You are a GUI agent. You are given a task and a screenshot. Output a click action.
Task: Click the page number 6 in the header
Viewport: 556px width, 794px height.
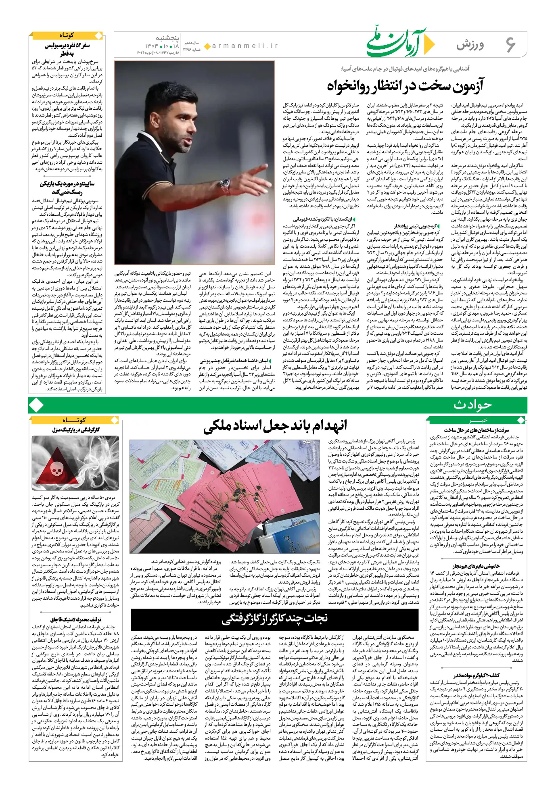[x=510, y=44]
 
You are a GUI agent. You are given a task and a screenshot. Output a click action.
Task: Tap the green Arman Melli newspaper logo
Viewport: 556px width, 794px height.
[x=399, y=44]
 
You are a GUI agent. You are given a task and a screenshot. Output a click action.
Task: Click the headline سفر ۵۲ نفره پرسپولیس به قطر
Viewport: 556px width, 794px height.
[x=67, y=49]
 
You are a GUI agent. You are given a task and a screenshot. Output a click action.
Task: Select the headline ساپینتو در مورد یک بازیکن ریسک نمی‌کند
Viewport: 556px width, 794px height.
[x=67, y=188]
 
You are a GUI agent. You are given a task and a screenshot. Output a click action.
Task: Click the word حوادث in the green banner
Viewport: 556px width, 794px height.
[x=472, y=404]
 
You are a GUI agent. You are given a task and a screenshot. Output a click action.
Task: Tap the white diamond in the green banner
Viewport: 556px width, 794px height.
[x=37, y=405]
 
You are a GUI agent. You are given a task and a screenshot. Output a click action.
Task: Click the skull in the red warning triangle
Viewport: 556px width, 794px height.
[x=56, y=469]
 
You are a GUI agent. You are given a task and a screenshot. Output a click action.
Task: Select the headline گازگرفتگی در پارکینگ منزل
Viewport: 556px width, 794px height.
[x=75, y=430]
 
